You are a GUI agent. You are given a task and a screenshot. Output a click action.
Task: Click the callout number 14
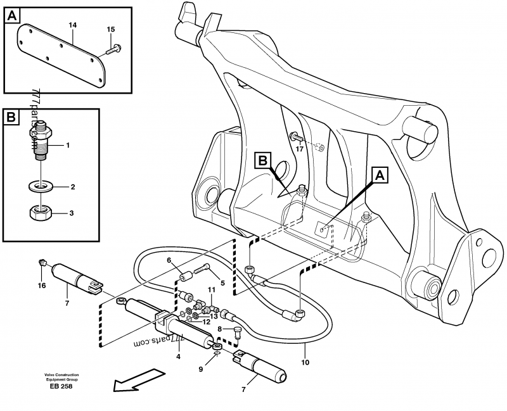[72, 25]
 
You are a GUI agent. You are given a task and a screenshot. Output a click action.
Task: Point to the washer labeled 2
[41, 187]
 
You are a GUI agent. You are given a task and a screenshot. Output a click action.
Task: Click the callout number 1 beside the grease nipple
[68, 145]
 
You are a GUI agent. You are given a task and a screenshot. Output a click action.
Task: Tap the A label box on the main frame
[379, 174]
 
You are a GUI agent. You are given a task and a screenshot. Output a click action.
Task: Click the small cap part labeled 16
[42, 260]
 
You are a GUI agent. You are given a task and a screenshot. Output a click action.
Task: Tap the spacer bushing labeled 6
[184, 277]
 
